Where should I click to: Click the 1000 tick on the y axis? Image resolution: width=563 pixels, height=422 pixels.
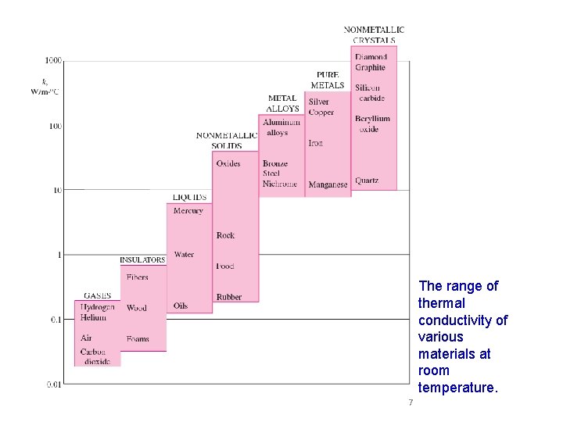[53, 60]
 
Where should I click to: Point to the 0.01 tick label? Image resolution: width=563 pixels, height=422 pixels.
[53, 384]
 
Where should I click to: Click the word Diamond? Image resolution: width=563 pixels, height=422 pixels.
[371, 57]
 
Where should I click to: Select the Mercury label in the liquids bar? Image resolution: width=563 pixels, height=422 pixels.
[188, 211]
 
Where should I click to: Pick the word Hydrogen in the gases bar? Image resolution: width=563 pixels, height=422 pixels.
[97, 307]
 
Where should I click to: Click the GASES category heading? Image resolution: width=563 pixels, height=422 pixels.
[97, 296]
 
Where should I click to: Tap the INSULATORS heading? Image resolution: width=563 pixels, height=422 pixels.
[142, 260]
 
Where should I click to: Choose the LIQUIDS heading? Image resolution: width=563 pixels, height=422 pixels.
[189, 198]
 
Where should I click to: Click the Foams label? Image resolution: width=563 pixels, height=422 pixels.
[138, 339]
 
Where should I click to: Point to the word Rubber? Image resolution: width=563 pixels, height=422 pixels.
[229, 297]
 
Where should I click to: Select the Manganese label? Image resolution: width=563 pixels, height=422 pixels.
[328, 185]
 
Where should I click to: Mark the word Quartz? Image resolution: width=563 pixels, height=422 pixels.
[367, 181]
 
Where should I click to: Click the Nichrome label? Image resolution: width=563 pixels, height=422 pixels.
[280, 184]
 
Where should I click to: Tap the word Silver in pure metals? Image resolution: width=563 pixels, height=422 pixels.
[319, 102]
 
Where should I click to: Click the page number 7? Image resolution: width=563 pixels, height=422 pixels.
[409, 402]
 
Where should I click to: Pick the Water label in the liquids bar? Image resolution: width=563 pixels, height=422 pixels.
[184, 254]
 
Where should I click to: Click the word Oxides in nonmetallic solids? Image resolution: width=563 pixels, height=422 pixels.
[228, 164]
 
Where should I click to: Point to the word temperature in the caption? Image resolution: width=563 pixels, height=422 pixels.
[457, 388]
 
